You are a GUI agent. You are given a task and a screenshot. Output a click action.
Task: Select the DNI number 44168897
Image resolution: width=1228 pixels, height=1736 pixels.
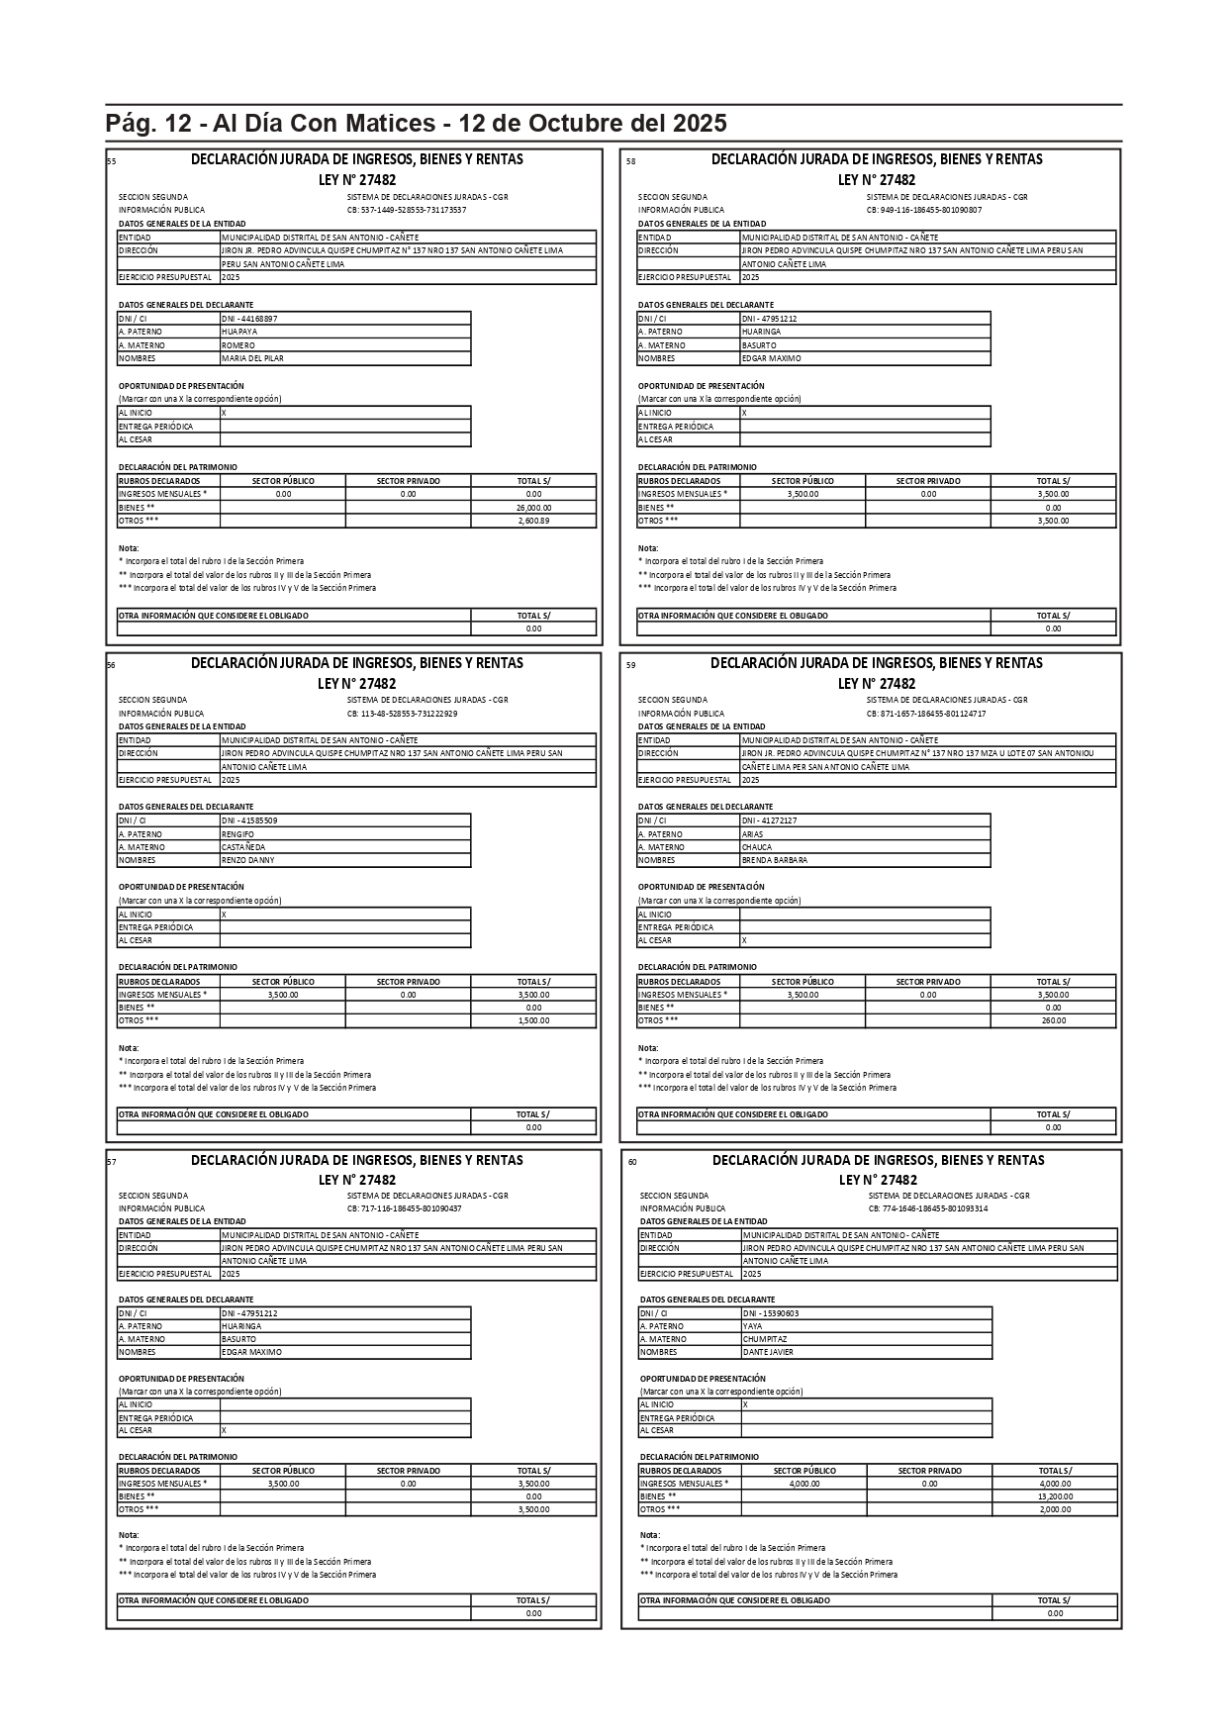[x=249, y=319]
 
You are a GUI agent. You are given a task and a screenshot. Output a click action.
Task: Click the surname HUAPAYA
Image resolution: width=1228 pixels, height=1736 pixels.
[x=239, y=332]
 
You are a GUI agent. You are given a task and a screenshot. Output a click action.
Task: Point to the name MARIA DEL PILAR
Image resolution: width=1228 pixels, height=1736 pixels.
[x=252, y=358]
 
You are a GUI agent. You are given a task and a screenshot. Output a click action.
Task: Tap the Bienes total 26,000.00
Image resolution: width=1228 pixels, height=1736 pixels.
[x=533, y=508]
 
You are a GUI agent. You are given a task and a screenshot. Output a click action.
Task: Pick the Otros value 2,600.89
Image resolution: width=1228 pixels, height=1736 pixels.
[x=533, y=521]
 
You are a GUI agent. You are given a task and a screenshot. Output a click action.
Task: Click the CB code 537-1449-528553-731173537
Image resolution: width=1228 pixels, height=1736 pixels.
[x=407, y=210]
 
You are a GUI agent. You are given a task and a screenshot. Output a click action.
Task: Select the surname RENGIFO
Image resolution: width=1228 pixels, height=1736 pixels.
[x=238, y=834]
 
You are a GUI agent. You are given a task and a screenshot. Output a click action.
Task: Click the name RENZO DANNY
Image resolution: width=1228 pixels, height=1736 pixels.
[x=248, y=860]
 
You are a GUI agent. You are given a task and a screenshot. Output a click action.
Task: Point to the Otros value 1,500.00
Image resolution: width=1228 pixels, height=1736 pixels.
[x=533, y=1020]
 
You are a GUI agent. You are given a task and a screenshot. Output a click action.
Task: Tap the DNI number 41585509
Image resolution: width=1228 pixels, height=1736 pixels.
[x=249, y=820]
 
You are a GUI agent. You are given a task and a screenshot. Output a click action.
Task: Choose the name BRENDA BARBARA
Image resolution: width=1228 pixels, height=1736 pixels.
[x=775, y=860]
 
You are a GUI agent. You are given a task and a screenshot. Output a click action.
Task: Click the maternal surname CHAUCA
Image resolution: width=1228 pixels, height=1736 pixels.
[x=757, y=847]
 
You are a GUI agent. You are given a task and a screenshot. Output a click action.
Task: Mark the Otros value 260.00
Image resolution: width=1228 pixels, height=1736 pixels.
[x=1053, y=1020]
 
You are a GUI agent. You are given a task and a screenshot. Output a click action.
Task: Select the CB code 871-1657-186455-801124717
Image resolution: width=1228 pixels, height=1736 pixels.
[x=926, y=714]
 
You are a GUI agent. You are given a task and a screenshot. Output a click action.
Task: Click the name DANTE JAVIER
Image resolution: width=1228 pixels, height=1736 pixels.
[x=769, y=1352]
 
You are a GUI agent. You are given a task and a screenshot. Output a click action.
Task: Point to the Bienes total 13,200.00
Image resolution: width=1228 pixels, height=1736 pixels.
[x=1055, y=1496]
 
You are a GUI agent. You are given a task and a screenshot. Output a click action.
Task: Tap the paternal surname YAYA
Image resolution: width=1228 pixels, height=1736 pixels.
[x=753, y=1326]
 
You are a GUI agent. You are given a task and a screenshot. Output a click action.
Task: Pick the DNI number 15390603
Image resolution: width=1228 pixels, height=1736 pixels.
[x=771, y=1313]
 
